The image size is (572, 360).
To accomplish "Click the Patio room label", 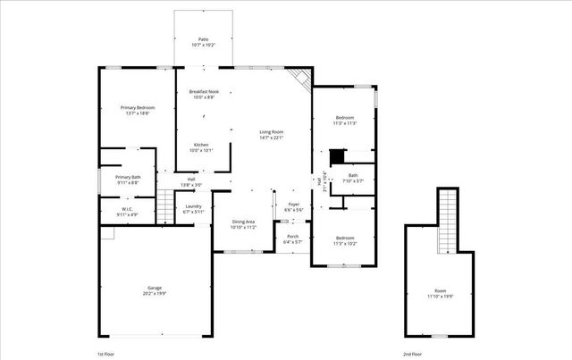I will (x=203, y=42).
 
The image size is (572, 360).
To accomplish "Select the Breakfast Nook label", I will (x=204, y=94).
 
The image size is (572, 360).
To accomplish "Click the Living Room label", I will (x=271, y=135).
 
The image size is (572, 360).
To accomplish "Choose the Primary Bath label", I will (x=128, y=180).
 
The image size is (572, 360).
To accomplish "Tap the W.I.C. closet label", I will (x=128, y=213).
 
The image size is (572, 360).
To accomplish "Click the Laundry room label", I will (x=194, y=209).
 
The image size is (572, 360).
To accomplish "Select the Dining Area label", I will (x=244, y=224).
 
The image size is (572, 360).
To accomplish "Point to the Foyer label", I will (x=293, y=207).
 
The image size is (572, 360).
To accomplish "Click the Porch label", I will (x=293, y=239).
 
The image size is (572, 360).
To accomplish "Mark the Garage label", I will (x=156, y=290).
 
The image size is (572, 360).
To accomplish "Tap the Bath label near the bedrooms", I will (x=352, y=178).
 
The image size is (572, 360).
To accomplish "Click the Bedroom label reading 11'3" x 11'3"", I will (x=345, y=121).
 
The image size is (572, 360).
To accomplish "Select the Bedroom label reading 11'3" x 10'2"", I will (x=345, y=240).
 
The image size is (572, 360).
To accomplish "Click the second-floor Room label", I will (x=440, y=294).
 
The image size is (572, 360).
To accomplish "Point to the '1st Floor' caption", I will (x=106, y=355).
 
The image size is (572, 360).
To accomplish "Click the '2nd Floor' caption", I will (x=412, y=355).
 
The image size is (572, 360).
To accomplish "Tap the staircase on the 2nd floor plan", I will (x=447, y=223).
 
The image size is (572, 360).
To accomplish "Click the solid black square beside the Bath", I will (x=337, y=157).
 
